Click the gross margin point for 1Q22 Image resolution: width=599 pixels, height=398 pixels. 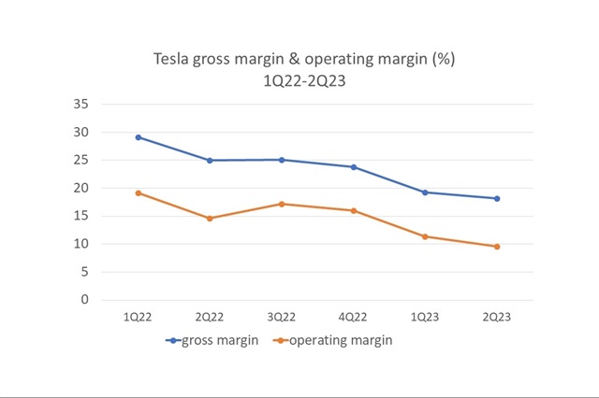click(x=139, y=137)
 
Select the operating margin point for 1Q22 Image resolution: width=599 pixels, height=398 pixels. click(x=139, y=193)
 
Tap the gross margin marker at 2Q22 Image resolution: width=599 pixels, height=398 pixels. click(x=210, y=161)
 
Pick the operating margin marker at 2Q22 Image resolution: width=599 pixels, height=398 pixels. click(x=210, y=219)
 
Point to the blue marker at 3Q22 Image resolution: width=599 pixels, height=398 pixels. click(x=282, y=160)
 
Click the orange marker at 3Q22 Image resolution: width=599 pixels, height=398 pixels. click(x=282, y=204)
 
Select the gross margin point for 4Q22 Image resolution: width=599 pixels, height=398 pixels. click(x=354, y=167)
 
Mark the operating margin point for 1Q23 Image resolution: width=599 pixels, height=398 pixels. click(x=425, y=236)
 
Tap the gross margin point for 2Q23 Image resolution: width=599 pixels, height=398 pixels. click(x=497, y=198)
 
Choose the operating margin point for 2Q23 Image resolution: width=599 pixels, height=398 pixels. click(x=497, y=247)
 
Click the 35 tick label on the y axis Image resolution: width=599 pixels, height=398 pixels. click(x=81, y=104)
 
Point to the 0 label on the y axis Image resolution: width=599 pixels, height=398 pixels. click(x=85, y=300)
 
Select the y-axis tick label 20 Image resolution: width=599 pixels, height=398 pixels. click(x=81, y=188)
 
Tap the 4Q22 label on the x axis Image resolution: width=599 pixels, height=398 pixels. click(x=354, y=318)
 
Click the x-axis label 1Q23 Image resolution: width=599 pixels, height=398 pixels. click(x=425, y=318)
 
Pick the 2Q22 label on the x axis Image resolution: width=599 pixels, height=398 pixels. click(x=210, y=318)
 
